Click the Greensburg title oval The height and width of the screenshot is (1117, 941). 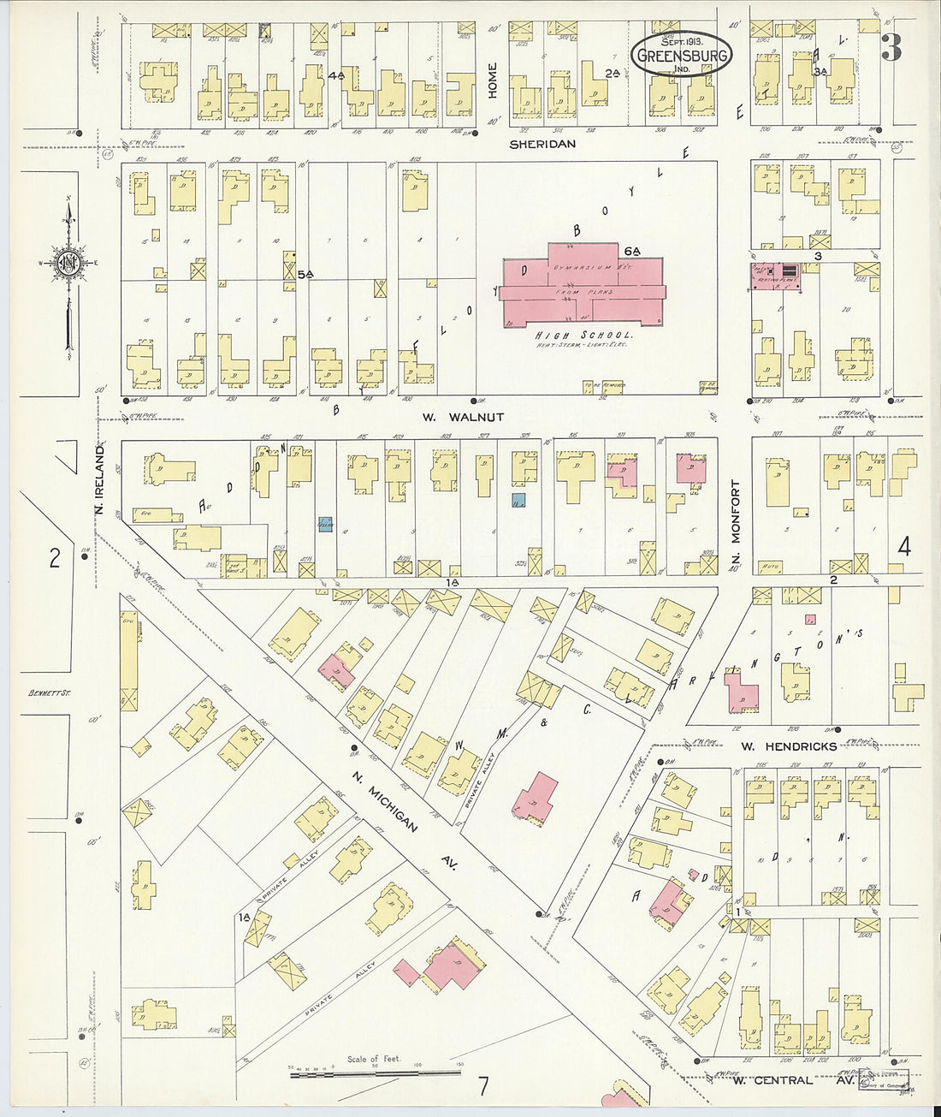682,55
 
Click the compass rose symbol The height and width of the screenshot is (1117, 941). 68,265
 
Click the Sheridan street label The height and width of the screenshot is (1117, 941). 542,145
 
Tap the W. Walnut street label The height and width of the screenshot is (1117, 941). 464,417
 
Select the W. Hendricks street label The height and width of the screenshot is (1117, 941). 776,747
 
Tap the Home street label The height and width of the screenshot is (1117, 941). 493,83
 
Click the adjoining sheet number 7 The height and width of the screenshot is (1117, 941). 483,1087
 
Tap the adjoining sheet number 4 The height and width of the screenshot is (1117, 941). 904,547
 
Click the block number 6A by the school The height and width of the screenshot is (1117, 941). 632,251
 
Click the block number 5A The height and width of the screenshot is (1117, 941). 306,274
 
